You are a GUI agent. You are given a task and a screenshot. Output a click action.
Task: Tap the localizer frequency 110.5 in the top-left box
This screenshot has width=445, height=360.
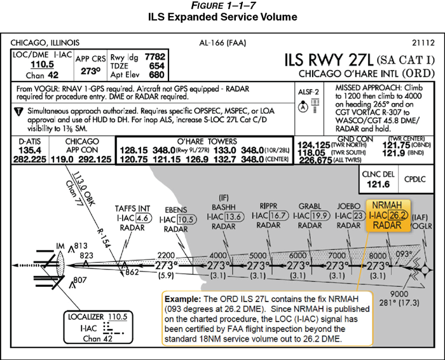point(43,64)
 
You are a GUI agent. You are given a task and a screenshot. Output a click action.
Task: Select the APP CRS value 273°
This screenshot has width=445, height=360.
point(90,71)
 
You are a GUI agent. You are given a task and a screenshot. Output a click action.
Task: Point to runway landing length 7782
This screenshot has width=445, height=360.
point(154,57)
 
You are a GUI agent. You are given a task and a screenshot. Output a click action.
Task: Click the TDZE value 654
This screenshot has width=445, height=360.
point(157,66)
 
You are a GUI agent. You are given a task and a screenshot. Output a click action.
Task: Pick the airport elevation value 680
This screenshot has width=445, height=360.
point(157,74)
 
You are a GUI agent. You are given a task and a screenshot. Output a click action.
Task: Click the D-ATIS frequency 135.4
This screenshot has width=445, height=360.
point(30,150)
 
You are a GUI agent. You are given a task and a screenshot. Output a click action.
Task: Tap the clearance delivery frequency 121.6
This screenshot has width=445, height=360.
point(378,184)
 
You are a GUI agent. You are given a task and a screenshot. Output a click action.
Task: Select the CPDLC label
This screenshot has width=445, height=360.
point(415,179)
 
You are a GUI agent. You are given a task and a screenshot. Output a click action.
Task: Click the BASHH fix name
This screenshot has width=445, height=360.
point(224,207)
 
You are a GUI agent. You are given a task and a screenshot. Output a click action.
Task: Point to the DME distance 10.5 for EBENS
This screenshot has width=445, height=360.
point(186,219)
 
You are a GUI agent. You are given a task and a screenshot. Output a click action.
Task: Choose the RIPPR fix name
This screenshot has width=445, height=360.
point(268,206)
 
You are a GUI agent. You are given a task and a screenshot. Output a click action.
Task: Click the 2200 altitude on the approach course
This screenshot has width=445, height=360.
point(166,256)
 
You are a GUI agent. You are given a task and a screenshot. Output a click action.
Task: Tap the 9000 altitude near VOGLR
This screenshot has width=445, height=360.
point(399,294)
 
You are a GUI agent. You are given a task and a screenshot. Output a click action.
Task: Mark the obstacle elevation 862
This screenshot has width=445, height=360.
point(132,272)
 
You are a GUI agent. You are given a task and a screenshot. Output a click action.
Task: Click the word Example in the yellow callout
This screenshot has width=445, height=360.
point(183,299)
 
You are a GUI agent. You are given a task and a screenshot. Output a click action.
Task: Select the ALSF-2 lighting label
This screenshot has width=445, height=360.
point(308,92)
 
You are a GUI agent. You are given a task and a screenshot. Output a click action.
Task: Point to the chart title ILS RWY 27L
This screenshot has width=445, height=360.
point(329,60)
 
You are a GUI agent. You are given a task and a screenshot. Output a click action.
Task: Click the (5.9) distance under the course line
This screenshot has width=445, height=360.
point(166,275)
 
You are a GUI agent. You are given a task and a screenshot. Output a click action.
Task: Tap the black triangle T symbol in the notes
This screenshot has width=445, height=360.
point(18,111)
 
